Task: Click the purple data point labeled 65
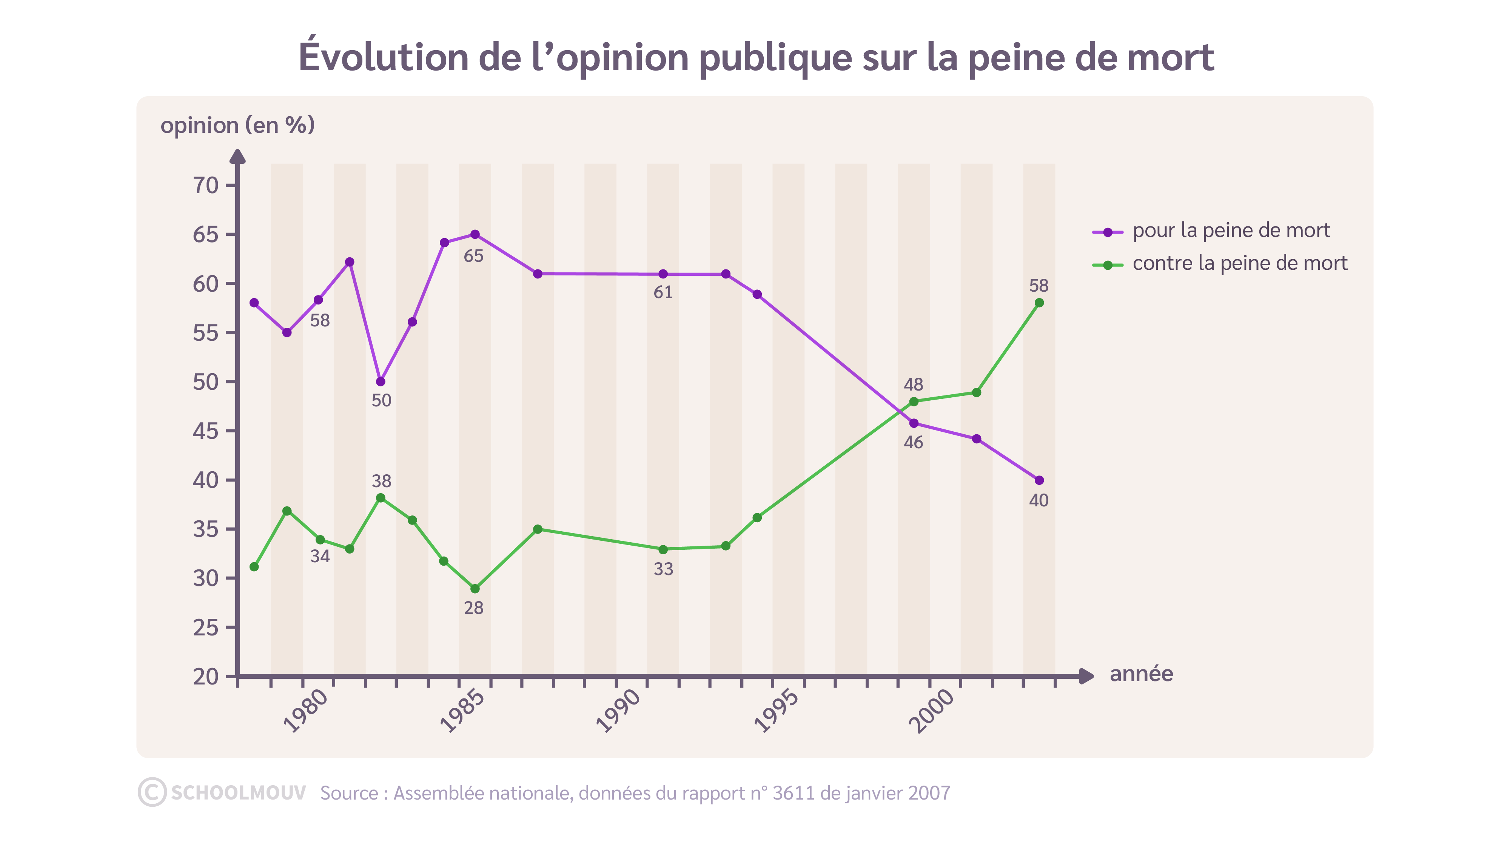point(475,234)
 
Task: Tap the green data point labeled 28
point(475,588)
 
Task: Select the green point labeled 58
point(1039,303)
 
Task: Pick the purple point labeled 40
point(1039,480)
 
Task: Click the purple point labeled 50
point(381,381)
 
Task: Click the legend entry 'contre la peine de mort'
point(1239,263)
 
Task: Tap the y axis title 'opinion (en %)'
point(237,125)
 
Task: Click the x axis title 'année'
point(1141,674)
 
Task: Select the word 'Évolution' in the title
point(384,57)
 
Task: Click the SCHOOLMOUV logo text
point(238,793)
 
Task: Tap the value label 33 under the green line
point(663,569)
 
